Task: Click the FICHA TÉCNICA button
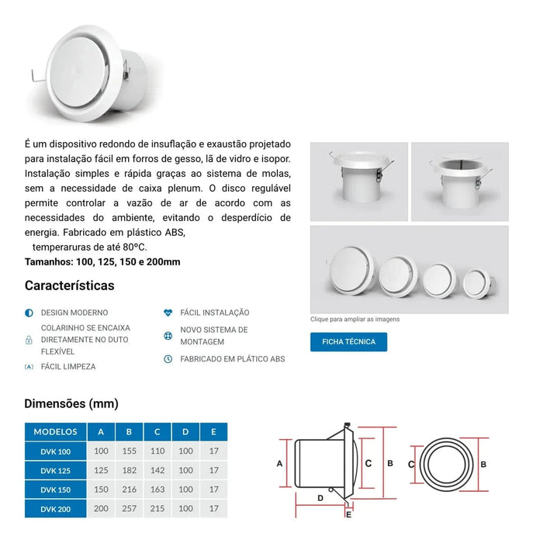click(x=348, y=342)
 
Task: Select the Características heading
click(x=69, y=285)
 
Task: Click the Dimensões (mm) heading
click(x=71, y=403)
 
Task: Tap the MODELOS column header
click(x=56, y=431)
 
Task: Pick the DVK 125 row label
click(x=56, y=470)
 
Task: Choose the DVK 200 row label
click(x=56, y=509)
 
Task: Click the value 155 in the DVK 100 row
click(x=130, y=451)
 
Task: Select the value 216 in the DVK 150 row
click(x=130, y=489)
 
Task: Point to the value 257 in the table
click(x=130, y=509)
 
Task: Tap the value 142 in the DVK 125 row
click(x=157, y=470)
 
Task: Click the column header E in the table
click(x=214, y=431)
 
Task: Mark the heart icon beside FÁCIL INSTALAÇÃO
click(x=168, y=313)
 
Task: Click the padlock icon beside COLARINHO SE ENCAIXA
click(x=29, y=339)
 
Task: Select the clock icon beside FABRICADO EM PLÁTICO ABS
click(x=168, y=359)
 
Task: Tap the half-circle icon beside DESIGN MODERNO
click(x=29, y=313)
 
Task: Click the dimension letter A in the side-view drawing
click(x=279, y=463)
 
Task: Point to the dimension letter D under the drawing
click(x=320, y=497)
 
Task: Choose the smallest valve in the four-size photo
click(x=477, y=282)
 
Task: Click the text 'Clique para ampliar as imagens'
click(x=355, y=319)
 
